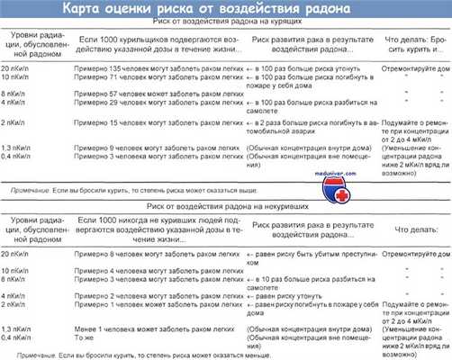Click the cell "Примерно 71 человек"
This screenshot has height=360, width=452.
coord(158,78)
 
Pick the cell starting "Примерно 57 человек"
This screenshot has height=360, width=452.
coord(158,93)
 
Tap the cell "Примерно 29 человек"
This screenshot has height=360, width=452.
coord(158,103)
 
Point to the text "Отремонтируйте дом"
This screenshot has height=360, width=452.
coord(410,67)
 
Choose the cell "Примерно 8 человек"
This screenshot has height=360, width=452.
coord(158,256)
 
